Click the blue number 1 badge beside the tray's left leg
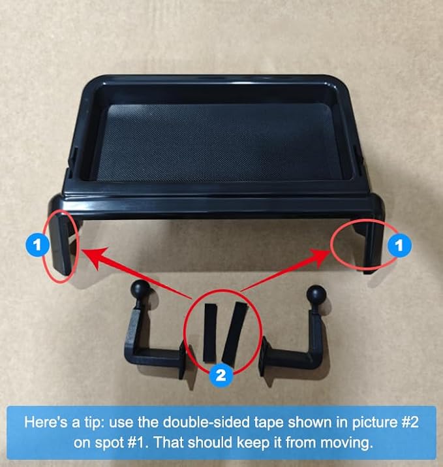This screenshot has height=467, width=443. coord(37,245)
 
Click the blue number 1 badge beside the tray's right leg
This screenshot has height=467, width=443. coord(399,245)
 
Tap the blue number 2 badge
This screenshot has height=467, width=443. coord(221,376)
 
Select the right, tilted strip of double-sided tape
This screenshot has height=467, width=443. coord(235,333)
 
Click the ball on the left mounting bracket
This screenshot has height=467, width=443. coord(140,288)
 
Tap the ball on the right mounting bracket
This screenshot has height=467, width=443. coord(316,295)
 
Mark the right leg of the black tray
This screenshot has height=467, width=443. coord(372,238)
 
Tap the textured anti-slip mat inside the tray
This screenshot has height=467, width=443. coord(220,142)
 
